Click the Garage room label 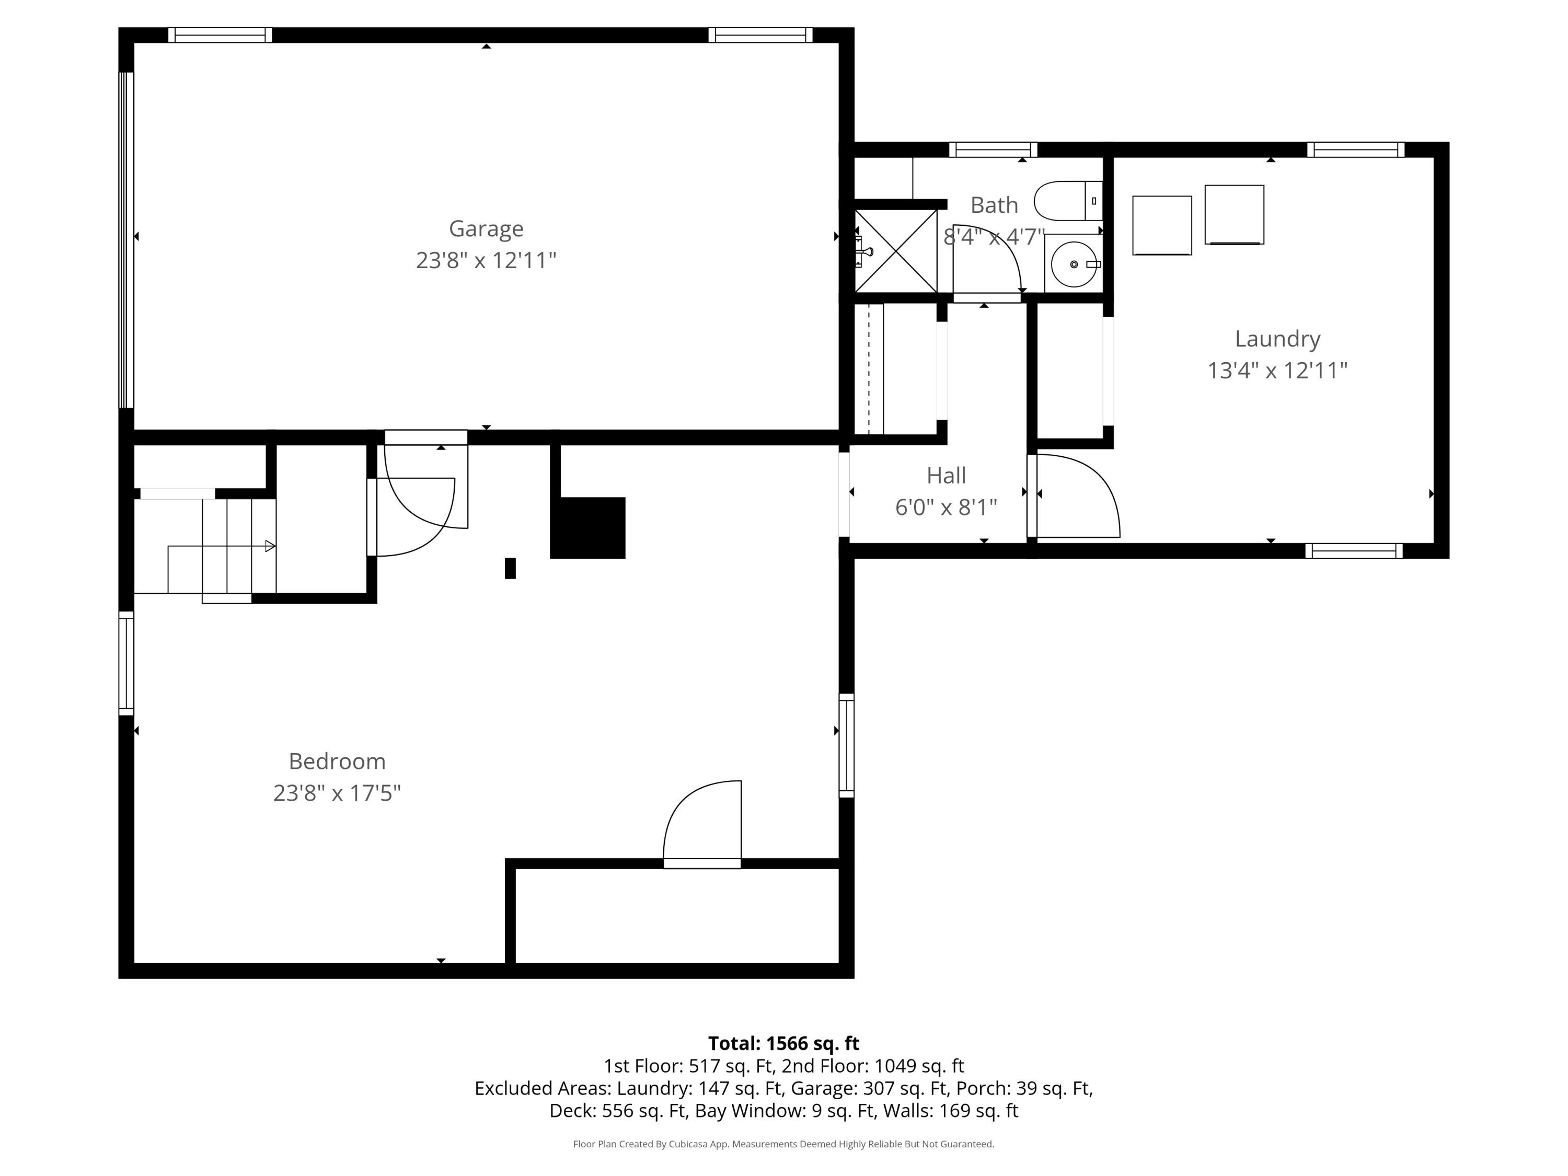point(486,228)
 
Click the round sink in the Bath point(1073,264)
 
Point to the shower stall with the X point(896,251)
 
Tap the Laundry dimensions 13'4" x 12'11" point(1277,371)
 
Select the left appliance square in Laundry point(1161,225)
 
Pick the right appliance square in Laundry point(1233,215)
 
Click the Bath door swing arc point(993,255)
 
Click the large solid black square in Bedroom point(587,527)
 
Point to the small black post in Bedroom point(510,569)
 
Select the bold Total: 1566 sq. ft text point(783,1043)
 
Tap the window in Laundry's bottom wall point(1353,551)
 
